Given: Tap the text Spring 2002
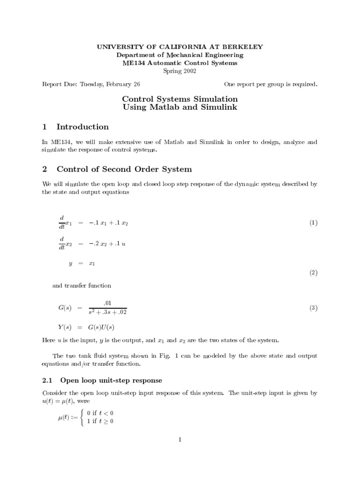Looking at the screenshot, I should point(180,71).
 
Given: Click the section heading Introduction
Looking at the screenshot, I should point(82,127).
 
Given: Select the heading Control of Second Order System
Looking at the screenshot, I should point(124,169).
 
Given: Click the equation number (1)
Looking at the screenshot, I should point(313,223).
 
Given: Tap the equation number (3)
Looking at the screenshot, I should point(313,308).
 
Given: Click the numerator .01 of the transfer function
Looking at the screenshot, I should point(107,303).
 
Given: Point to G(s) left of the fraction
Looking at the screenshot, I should point(64,308).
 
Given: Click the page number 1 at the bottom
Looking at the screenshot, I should point(180,439).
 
